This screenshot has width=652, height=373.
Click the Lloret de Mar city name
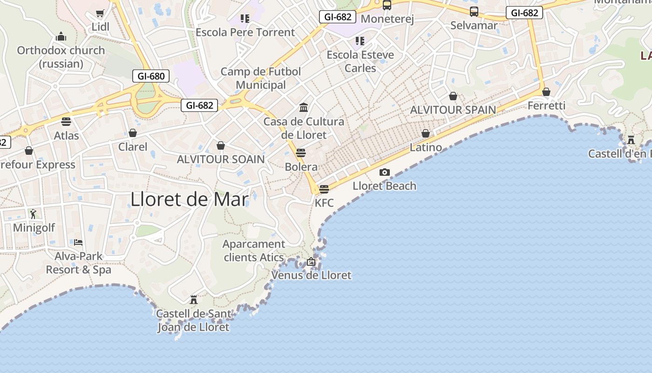coord(189,199)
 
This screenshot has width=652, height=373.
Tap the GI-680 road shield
coord(150,76)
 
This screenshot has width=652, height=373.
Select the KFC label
coord(324,203)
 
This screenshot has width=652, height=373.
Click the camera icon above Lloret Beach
coord(384,172)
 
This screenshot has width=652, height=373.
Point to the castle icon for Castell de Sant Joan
coord(194,299)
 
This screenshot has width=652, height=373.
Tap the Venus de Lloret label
coord(311,275)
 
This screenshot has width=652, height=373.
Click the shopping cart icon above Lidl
coord(100,13)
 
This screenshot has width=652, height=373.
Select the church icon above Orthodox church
coord(61,36)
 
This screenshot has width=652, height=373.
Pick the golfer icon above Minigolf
coord(33,214)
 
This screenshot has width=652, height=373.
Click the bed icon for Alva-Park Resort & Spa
coord(78,242)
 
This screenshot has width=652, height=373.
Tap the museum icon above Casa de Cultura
coord(304,108)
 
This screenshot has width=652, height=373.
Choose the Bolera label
coord(301,167)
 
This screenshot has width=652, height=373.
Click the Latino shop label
coord(426,147)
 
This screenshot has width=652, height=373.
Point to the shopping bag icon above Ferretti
coord(546,92)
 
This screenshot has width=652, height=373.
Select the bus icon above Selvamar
coord(474,12)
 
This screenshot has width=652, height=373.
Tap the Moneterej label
coord(387,19)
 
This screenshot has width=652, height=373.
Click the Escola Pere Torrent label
coord(245,32)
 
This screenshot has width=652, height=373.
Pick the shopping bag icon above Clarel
coord(133,133)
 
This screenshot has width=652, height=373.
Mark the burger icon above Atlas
coord(66,122)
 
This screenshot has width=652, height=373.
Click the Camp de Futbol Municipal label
coord(260,78)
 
